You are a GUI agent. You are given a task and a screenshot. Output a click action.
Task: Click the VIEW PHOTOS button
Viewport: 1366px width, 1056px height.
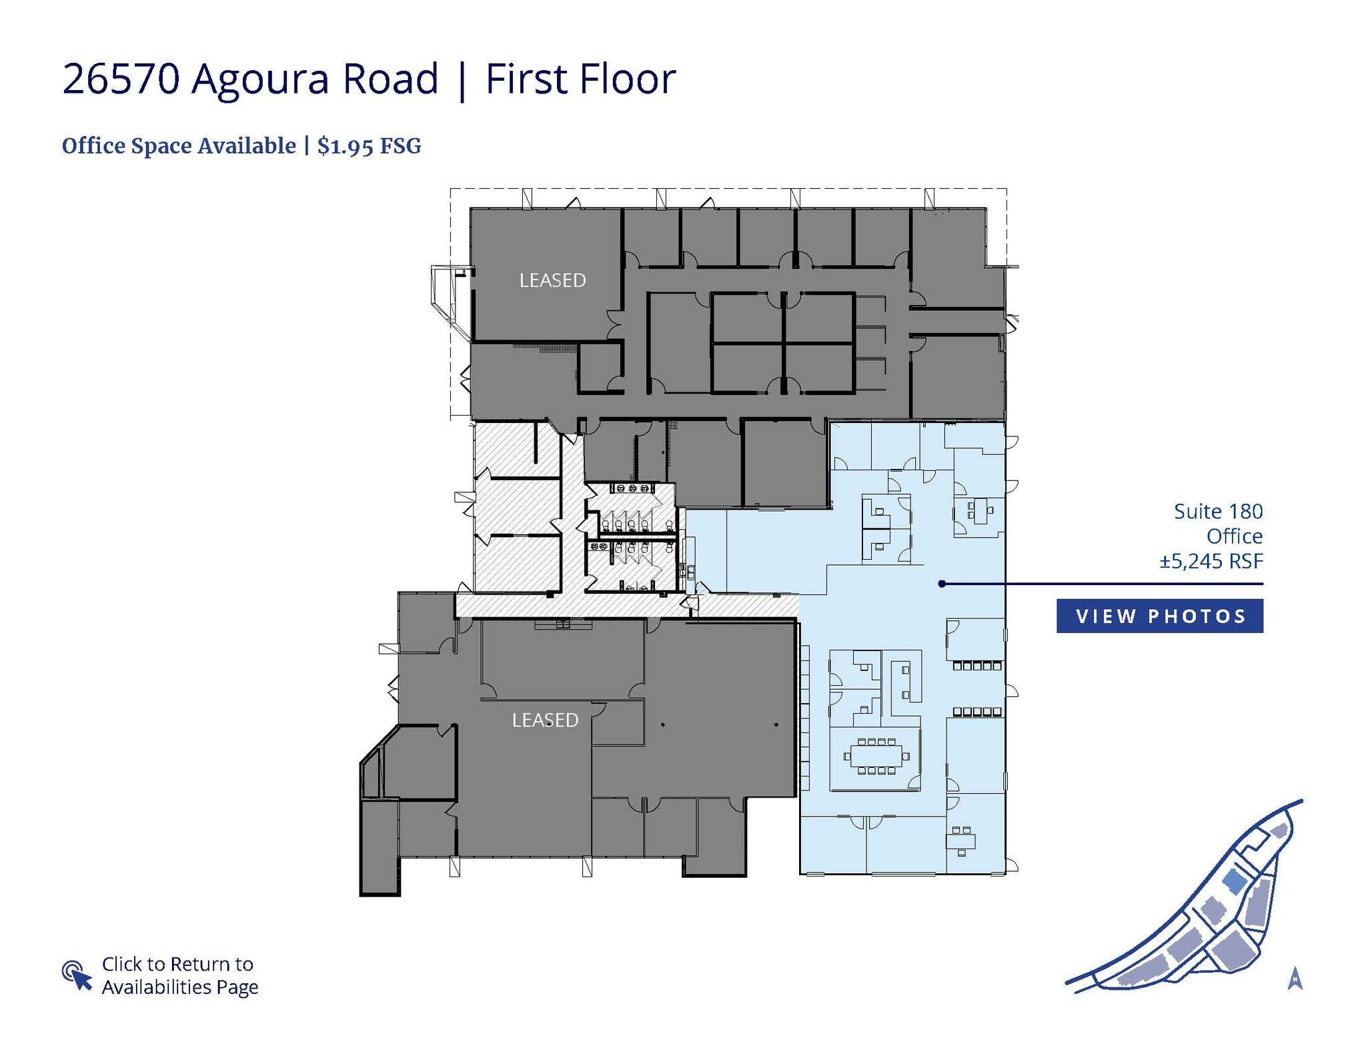[x=1159, y=616]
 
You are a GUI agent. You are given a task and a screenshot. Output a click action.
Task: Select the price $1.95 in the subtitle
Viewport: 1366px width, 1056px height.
[x=345, y=146]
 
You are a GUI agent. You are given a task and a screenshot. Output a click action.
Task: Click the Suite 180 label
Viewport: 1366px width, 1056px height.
[x=1218, y=512]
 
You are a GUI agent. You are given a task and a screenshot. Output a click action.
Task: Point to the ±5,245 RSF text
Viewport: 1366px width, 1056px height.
[x=1211, y=561]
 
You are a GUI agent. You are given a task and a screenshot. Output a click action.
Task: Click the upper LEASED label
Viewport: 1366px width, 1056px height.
[x=552, y=280]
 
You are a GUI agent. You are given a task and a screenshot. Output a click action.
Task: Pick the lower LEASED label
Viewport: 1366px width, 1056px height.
[x=545, y=720]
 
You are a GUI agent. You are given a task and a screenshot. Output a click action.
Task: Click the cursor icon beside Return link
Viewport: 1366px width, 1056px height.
[x=77, y=975]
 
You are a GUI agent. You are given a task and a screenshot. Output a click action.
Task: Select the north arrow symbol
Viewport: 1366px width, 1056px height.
[x=1295, y=979]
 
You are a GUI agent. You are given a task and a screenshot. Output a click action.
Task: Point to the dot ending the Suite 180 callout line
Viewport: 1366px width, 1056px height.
[x=942, y=584]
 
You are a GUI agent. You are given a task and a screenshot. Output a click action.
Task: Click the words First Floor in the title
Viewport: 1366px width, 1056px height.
[x=580, y=79]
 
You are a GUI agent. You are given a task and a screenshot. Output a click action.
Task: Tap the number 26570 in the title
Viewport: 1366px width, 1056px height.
[x=121, y=79]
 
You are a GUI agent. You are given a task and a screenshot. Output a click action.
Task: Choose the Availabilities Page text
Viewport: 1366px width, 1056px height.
[x=180, y=987]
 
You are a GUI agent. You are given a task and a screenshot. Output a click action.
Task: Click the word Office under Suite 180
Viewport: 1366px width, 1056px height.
[x=1234, y=536]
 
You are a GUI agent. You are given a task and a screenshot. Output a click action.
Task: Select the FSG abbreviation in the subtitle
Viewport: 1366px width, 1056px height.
[x=400, y=146]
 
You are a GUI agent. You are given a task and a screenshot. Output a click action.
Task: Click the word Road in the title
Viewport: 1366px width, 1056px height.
[x=390, y=79]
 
